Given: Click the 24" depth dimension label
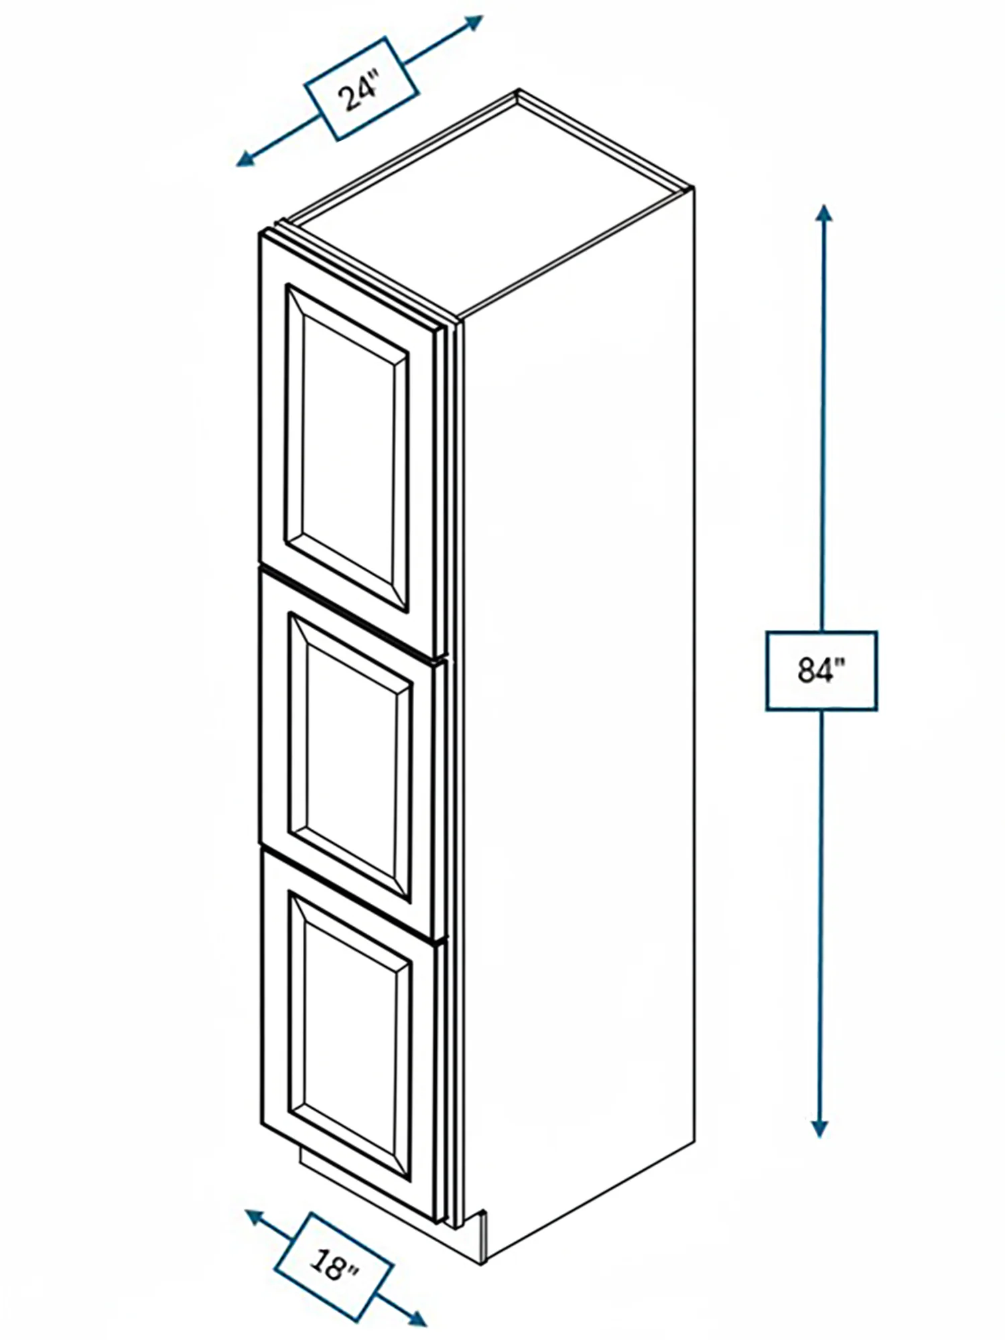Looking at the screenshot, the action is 361,89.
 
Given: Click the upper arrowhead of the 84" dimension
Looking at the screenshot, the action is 823,214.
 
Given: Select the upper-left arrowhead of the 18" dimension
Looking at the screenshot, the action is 255,1217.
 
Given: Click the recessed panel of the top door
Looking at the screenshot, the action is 348,448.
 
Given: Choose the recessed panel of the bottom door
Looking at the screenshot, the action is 351,1036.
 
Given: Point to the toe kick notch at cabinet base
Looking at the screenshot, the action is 389,1206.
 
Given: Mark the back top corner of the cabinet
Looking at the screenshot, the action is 518,92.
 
